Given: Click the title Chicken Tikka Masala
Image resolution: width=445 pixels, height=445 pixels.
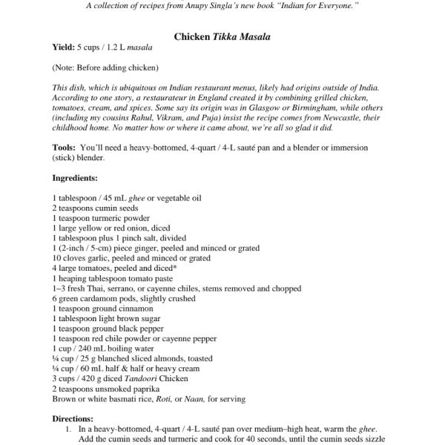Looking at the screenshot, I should point(222,36).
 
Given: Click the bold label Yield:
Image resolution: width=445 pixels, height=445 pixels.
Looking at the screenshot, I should point(65,47).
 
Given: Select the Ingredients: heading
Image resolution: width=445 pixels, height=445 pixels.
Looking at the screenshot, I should point(75,178).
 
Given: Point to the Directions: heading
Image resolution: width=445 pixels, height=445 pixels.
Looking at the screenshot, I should point(73,418).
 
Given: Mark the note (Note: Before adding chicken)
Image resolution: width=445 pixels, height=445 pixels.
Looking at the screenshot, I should point(105,67).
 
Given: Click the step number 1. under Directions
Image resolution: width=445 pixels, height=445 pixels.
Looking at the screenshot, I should point(67,429).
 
